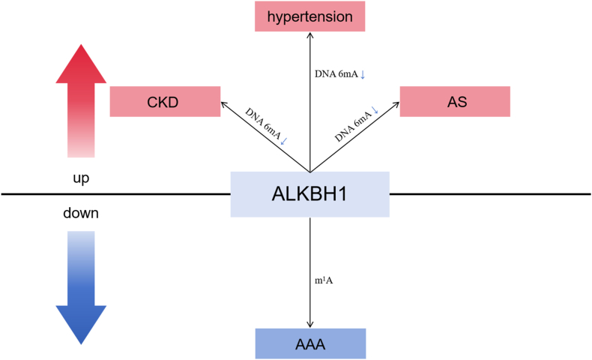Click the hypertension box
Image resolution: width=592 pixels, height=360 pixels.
coord(309,16)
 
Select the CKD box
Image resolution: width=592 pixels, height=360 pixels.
coord(164,101)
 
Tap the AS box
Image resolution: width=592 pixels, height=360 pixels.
coord(454,101)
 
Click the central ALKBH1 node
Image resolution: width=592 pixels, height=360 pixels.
coord(309,194)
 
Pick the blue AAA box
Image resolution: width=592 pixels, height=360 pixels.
coord(310,343)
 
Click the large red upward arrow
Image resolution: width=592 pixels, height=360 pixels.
coord(82,105)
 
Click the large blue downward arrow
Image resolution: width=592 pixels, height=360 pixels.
coord(82,285)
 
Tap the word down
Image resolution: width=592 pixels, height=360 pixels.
coord(81,214)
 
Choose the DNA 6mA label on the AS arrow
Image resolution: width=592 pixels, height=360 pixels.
coord(354,124)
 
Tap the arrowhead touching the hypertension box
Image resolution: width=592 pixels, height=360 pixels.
coord(310,35)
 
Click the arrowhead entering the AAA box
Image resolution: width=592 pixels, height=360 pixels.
coord(310,324)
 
